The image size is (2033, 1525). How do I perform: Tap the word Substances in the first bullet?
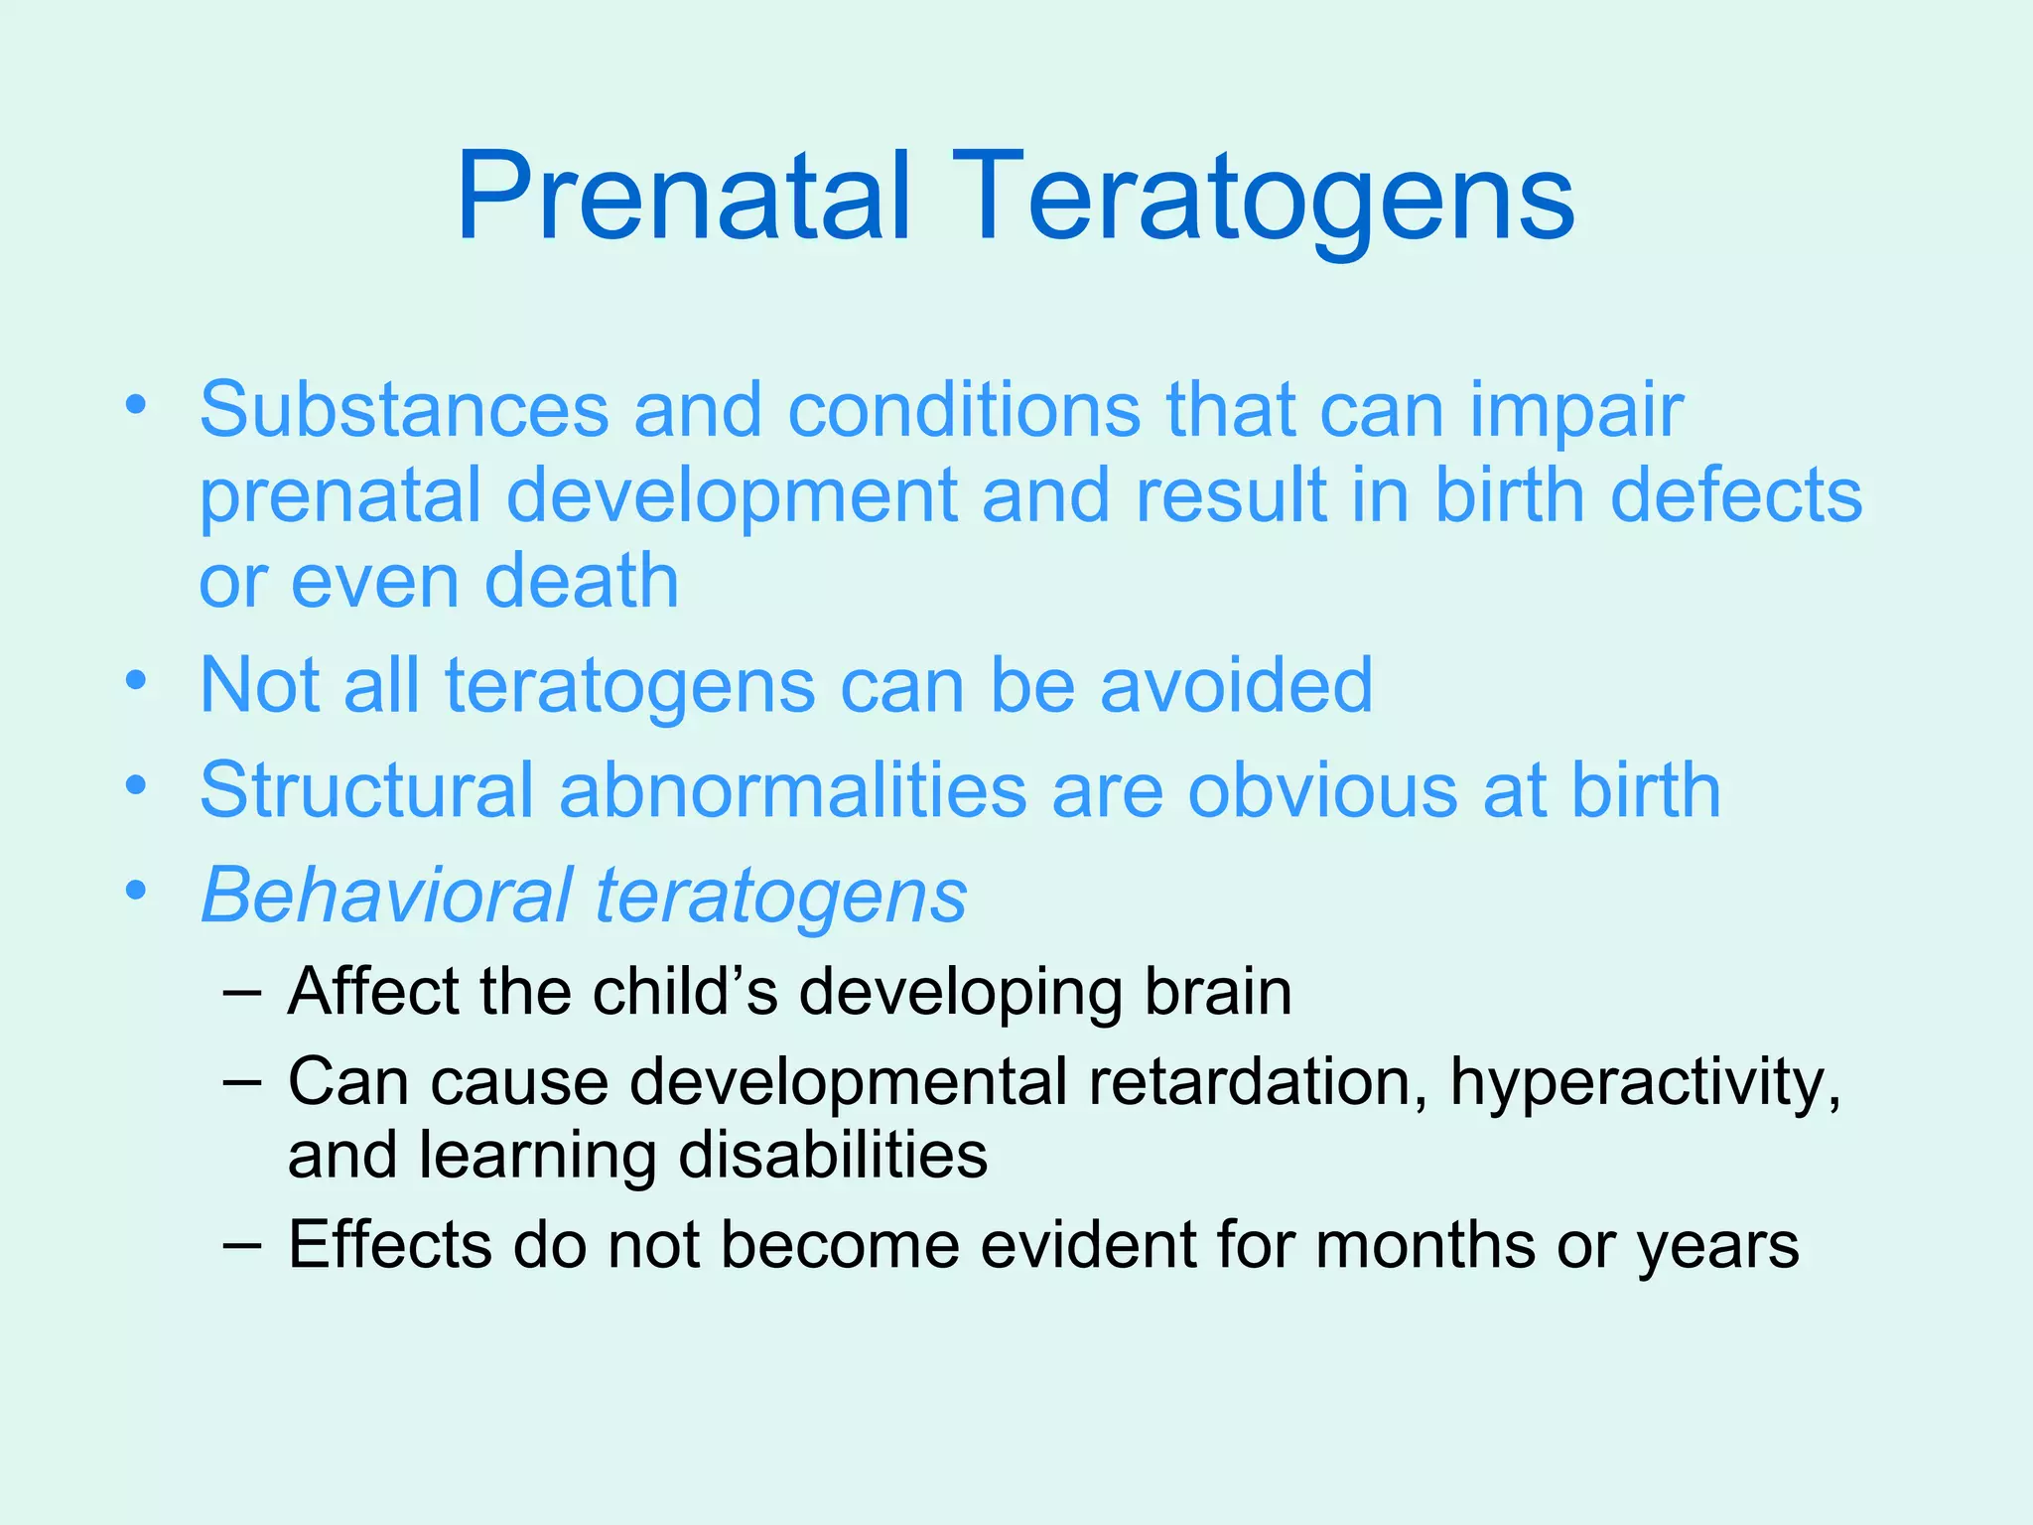404,409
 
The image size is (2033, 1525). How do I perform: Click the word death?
582,581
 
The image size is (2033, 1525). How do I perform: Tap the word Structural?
366,790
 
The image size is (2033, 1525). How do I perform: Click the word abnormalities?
793,790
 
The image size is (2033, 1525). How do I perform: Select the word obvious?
1323,790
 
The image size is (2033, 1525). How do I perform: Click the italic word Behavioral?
387,896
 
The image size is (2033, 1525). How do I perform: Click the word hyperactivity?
1644,1081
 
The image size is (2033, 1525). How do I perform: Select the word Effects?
389,1244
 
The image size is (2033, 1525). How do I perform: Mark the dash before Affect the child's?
243,992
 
